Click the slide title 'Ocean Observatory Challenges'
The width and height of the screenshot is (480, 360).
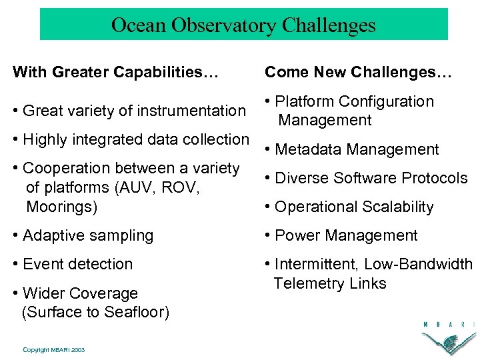pos(243,25)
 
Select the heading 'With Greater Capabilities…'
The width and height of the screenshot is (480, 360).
pos(115,71)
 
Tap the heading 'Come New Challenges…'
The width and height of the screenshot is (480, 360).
pos(358,71)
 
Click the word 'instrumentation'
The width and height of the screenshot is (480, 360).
pos(195,111)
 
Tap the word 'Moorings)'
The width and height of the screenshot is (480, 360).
pos(61,207)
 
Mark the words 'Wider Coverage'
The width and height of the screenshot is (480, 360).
pos(80,293)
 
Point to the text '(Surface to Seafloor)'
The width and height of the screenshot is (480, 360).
pos(95,312)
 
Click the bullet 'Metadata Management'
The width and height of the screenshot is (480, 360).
pos(352,149)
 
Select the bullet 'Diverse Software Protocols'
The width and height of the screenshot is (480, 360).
pos(366,178)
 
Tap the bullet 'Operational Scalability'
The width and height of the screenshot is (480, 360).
pos(349,207)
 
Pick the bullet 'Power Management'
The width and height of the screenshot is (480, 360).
pos(341,235)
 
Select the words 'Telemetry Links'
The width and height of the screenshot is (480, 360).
pos(330,283)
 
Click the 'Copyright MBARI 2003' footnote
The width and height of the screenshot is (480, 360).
pos(53,349)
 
